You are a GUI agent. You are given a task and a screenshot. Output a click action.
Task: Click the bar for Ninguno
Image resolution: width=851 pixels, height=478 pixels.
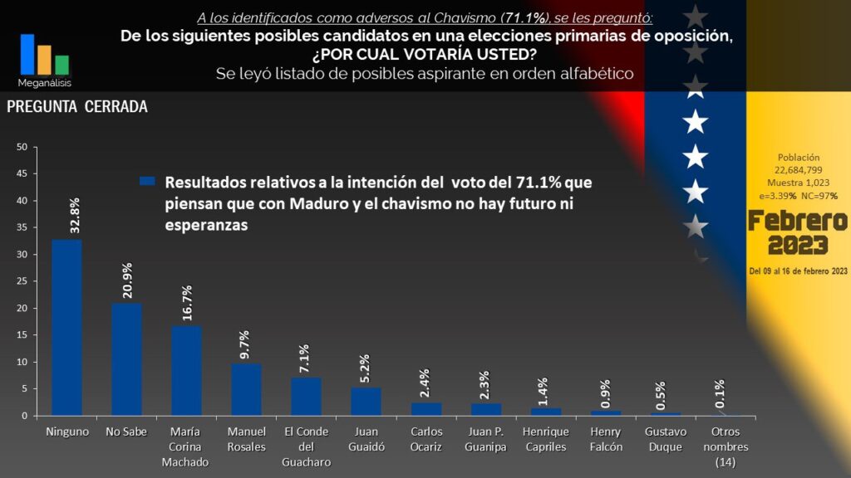tap(66, 327)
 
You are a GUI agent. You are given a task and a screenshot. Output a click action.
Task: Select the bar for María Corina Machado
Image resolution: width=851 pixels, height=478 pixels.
tap(186, 370)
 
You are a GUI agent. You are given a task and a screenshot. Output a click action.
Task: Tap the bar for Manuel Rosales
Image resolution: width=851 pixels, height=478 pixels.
tap(246, 389)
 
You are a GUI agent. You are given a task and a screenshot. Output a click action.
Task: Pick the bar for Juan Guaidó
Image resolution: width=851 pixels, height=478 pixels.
tap(366, 401)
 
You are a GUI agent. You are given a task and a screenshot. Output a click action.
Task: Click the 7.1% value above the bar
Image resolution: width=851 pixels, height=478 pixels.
tap(305, 359)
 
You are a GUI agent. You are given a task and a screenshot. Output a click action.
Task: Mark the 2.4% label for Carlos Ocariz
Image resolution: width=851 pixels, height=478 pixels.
tap(425, 384)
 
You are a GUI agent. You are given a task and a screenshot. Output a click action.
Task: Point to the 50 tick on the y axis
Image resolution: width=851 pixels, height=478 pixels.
tap(22, 148)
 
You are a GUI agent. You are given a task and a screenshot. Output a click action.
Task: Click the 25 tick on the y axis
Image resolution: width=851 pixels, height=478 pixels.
tap(22, 281)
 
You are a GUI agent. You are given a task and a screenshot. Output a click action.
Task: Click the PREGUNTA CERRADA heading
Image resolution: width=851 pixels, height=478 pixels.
tap(77, 108)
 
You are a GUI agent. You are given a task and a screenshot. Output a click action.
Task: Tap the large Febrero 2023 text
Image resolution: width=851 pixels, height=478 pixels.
tap(797, 233)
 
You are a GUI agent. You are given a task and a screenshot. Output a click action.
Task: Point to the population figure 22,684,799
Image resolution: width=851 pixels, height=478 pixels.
tap(798, 170)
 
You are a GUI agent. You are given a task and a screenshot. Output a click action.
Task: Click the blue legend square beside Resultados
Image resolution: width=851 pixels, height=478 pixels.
tap(148, 182)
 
